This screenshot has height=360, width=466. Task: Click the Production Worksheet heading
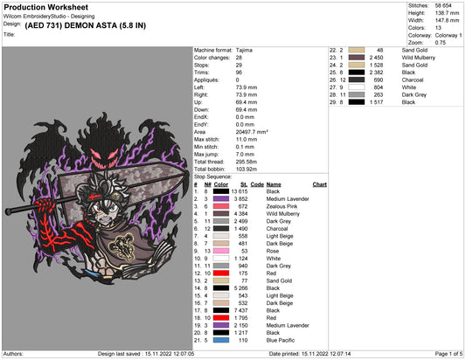[46, 7]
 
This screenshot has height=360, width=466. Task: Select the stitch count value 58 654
[443, 5]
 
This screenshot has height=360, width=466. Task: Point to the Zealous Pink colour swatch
[221, 206]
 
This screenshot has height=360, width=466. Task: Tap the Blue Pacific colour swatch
[221, 340]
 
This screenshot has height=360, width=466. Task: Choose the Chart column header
[319, 184]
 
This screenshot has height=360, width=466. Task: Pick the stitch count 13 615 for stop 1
[240, 191]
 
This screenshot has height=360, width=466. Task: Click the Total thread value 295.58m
[247, 162]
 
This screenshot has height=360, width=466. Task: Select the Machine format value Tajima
[244, 50]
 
